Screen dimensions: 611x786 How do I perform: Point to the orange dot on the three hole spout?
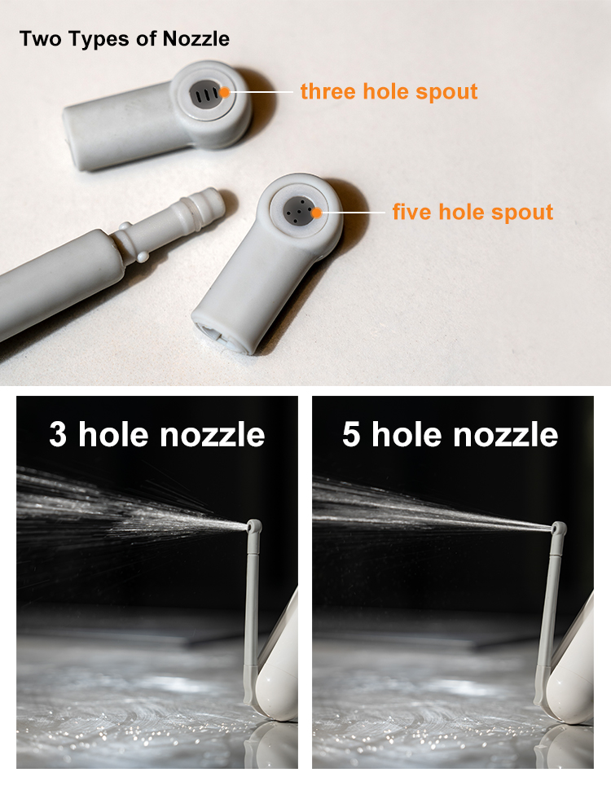tap(225, 92)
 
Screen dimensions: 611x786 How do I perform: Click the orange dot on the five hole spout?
tap(316, 213)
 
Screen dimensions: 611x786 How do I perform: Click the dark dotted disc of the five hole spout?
tap(299, 210)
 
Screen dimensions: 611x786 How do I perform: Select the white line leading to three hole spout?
tap(262, 92)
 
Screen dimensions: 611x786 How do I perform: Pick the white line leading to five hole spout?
tap(353, 213)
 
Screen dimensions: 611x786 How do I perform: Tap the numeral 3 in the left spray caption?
tap(58, 434)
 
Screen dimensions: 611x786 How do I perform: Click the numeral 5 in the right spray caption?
tap(351, 434)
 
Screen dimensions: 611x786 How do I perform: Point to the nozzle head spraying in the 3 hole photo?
tap(254, 526)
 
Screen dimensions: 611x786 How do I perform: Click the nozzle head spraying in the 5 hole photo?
tap(559, 529)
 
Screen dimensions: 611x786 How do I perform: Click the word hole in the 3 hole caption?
tap(113, 434)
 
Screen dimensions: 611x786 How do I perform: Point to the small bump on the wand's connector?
tap(143, 257)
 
